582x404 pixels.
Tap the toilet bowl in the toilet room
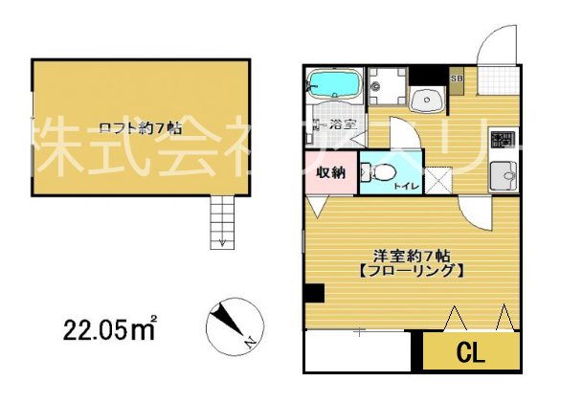tap(382, 173)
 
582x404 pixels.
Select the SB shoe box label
tap(456, 78)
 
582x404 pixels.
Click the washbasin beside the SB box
tap(425, 99)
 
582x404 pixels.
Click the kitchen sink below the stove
tap(503, 175)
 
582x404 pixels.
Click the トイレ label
tap(404, 186)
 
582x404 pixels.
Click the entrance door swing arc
tap(495, 44)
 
